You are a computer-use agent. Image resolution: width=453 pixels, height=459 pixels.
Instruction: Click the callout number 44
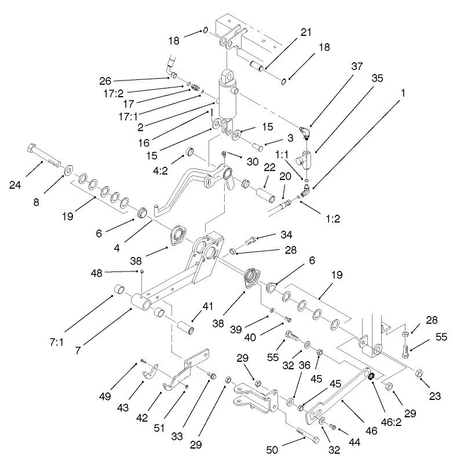353,431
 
